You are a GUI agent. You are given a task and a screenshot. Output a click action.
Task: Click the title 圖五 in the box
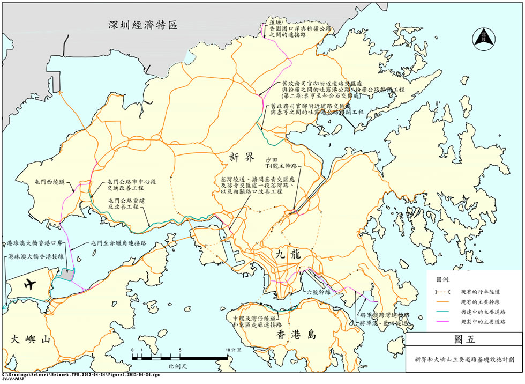pos(464,339)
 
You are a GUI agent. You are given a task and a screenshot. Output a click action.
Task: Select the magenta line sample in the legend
pos(442,321)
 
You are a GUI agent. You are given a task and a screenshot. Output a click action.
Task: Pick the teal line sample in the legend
pos(442,312)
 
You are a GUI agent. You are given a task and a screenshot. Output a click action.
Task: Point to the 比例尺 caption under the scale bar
pos(177,366)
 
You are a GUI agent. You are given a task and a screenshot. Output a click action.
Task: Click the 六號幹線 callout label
pos(319,292)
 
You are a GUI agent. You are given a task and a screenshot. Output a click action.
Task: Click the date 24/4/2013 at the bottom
pos(13,380)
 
